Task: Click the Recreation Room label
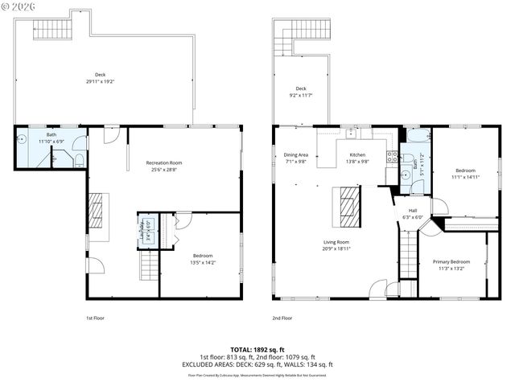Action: click(164, 163)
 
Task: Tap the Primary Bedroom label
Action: click(451, 262)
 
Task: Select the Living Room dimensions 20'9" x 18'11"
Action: click(336, 248)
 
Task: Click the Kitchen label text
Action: click(357, 154)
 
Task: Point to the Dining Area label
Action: click(296, 154)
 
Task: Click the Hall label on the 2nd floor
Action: click(412, 211)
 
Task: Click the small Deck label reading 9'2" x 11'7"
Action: click(301, 91)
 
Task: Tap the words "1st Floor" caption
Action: click(95, 318)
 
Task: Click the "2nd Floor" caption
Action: click(282, 318)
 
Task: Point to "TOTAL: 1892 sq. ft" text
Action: click(257, 350)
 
